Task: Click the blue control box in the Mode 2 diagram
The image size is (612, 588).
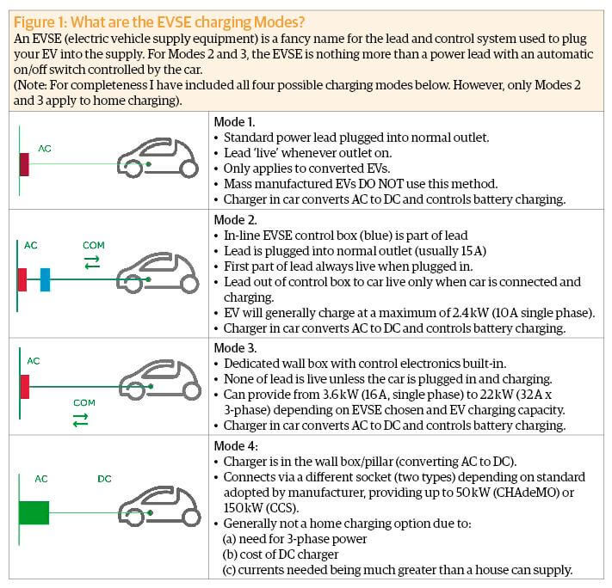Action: pyautogui.click(x=46, y=279)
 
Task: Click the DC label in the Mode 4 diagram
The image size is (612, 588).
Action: pyautogui.click(x=104, y=478)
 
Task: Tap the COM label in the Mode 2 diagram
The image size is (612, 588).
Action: pyautogui.click(x=93, y=246)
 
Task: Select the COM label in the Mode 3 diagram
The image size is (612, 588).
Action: pyautogui.click(x=83, y=401)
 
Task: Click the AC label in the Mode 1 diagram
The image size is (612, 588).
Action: pyautogui.click(x=45, y=148)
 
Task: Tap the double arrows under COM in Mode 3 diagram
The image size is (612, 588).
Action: pyautogui.click(x=81, y=420)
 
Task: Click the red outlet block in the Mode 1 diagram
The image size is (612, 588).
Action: pyautogui.click(x=24, y=163)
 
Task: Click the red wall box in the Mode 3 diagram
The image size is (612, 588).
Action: pyautogui.click(x=24, y=387)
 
